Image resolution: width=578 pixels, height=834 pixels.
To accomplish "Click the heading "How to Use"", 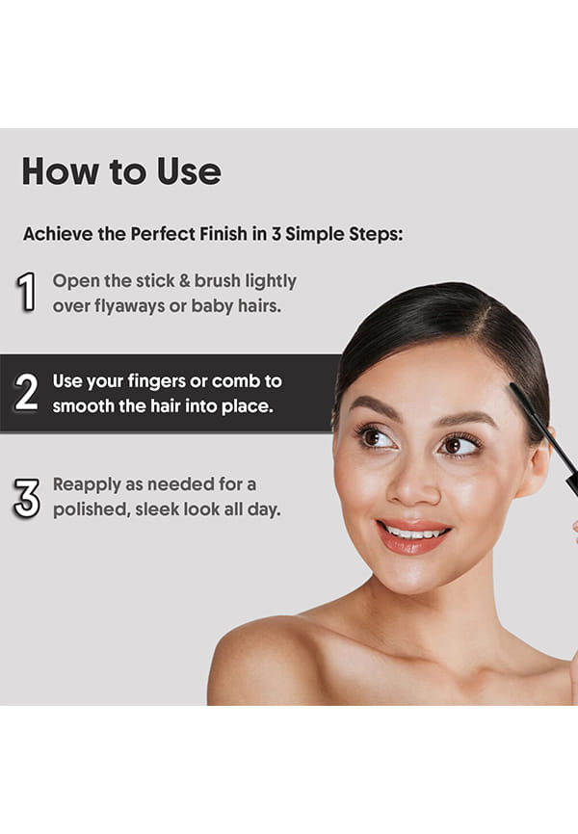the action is pos(121,171).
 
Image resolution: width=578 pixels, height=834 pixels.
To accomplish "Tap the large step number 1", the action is pos(27,292).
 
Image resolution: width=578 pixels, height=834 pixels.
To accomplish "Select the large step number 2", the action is pos(26,392).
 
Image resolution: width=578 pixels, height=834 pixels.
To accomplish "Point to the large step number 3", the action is pos(27,499).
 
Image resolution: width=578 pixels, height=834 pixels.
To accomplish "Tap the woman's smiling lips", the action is pos(413,535).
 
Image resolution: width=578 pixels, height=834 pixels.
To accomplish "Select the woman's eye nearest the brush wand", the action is pos(459,445).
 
